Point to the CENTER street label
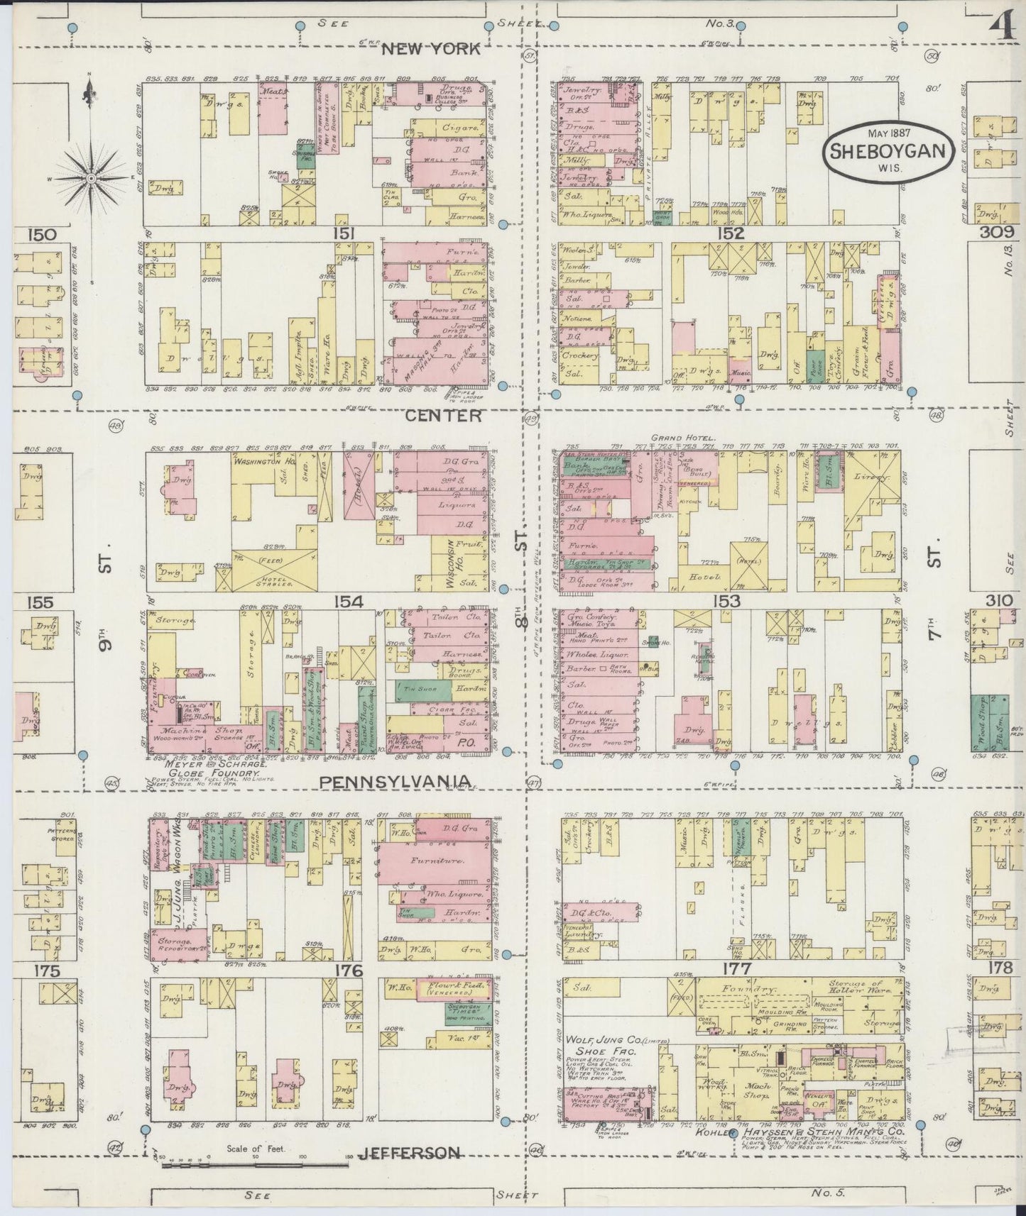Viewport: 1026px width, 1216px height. pos(433,416)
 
